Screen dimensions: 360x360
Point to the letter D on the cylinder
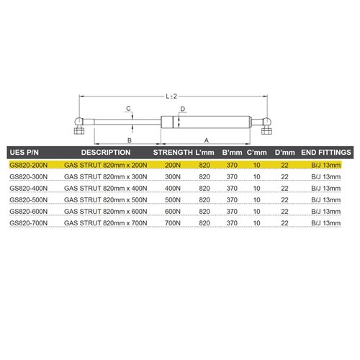pos(184,109)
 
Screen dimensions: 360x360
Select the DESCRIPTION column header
pos(105,153)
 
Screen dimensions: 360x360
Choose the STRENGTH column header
pos(174,153)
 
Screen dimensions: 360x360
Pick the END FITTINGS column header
pos(325,153)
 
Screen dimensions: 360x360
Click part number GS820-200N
pos(30,165)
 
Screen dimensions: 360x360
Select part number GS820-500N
pos(30,199)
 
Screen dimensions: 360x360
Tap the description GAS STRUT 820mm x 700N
pos(105,224)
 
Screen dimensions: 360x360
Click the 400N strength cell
pos(171,188)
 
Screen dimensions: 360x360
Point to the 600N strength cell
pos(171,212)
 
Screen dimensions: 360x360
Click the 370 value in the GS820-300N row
pos(232,176)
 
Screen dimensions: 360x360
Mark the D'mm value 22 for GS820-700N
pos(285,224)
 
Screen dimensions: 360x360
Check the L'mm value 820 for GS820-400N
pos(204,188)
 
